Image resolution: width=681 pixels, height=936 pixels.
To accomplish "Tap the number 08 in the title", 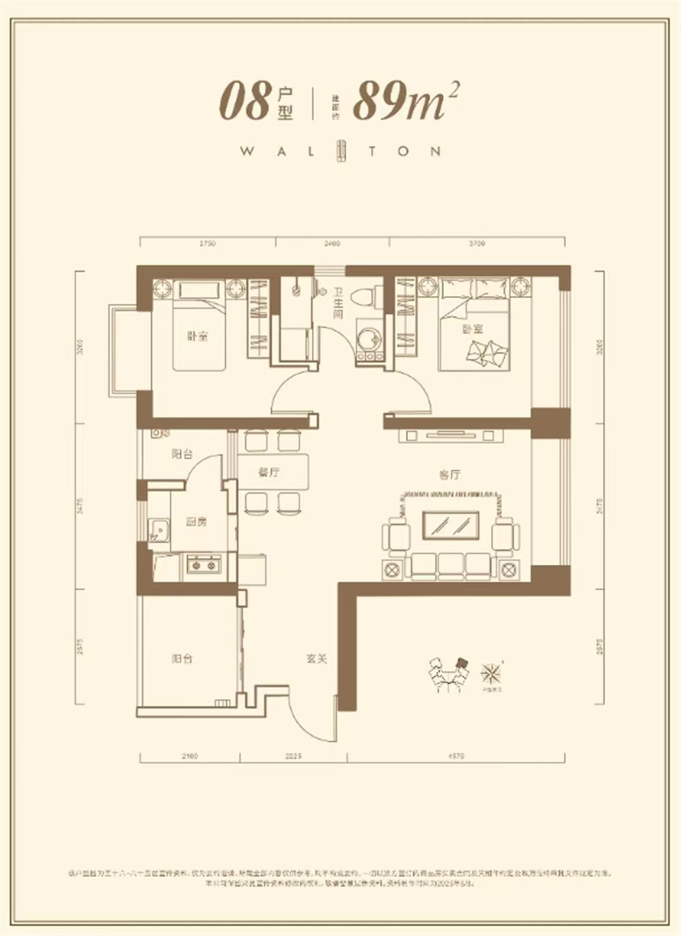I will pyautogui.click(x=245, y=102).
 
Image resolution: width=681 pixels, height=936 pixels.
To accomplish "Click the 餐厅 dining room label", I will pyautogui.click(x=269, y=472).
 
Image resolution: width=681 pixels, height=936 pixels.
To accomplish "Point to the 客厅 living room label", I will pyautogui.click(x=449, y=474).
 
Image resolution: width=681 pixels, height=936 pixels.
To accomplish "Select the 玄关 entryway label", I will pyautogui.click(x=317, y=659).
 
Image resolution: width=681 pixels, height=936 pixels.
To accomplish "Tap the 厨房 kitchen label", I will pyautogui.click(x=196, y=522).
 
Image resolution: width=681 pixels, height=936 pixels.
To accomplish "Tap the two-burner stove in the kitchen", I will pyautogui.click(x=204, y=564).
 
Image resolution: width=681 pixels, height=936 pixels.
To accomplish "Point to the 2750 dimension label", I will pyautogui.click(x=207, y=243).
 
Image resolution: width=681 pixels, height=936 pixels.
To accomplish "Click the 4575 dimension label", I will pyautogui.click(x=456, y=756).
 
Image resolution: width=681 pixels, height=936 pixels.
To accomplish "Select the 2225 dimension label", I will pyautogui.click(x=293, y=756).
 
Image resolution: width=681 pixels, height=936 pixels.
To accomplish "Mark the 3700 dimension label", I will pyautogui.click(x=477, y=243).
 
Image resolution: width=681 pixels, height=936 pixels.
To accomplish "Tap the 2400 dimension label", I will pyautogui.click(x=332, y=243).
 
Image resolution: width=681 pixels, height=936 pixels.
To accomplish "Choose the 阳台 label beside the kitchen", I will pyautogui.click(x=182, y=454).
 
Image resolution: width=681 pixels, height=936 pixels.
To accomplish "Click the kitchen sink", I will pyautogui.click(x=159, y=530).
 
